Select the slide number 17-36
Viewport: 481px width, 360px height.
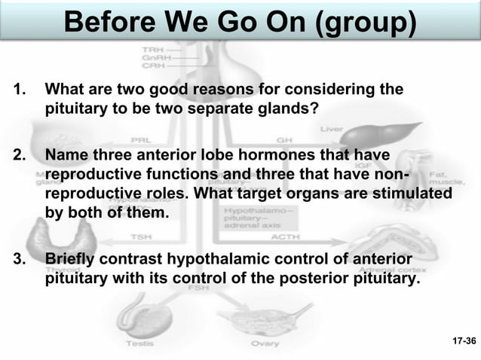point(464,341)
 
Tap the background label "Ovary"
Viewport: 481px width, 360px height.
point(265,343)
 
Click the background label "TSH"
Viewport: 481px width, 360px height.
point(141,236)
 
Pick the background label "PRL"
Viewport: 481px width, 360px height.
point(141,140)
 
